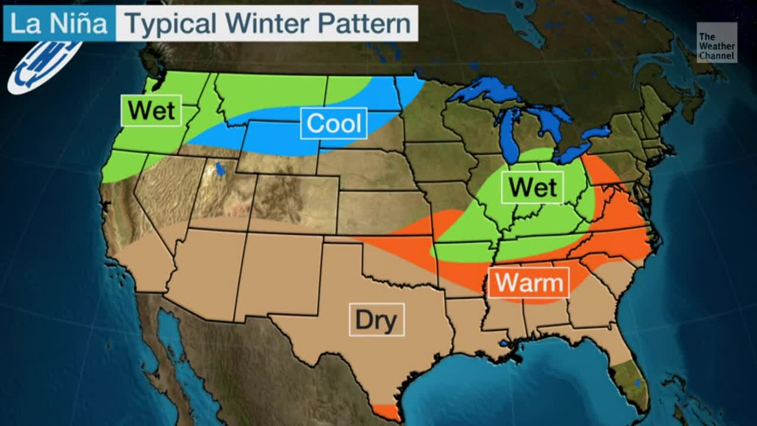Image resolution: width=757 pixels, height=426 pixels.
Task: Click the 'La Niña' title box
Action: tap(59, 24)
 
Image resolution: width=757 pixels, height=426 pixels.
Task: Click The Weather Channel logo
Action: tap(716, 43)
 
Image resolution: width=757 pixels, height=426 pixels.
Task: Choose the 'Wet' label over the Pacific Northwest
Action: tap(151, 111)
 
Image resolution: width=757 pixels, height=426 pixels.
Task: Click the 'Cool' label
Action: tap(334, 124)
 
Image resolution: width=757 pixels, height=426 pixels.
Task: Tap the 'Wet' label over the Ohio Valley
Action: tap(532, 188)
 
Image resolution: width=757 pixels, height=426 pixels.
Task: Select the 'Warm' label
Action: tap(528, 283)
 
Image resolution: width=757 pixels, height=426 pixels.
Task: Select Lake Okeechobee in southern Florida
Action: tap(637, 384)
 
